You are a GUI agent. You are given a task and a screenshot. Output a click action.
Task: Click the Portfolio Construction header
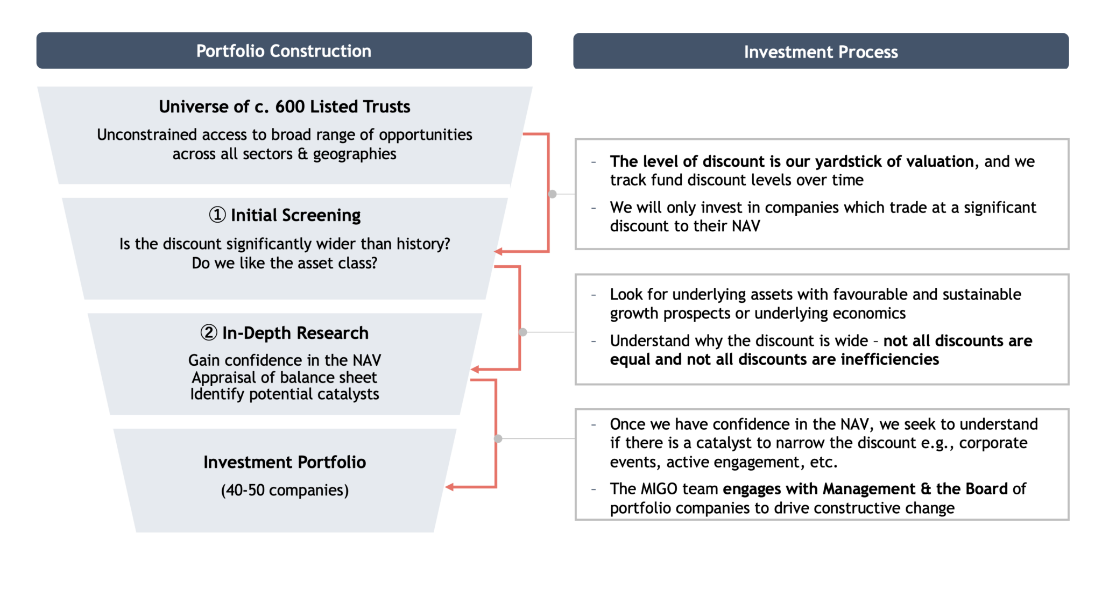[284, 51]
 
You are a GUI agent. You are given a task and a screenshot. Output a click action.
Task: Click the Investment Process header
[821, 52]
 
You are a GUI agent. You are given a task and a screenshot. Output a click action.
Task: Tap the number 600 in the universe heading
[290, 107]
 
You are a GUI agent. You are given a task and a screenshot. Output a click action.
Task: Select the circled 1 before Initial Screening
[217, 215]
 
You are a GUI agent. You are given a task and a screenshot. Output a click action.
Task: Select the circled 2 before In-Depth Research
[209, 333]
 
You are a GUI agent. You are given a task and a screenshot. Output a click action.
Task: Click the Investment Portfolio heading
[285, 462]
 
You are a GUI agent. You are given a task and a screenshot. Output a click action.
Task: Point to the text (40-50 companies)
[285, 490]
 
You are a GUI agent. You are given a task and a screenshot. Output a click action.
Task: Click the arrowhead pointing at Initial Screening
[498, 251]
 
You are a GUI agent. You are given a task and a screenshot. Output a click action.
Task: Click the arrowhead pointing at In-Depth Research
[475, 369]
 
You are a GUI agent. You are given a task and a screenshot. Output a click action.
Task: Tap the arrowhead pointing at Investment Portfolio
[449, 487]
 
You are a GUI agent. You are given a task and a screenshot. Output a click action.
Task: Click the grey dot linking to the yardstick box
[552, 194]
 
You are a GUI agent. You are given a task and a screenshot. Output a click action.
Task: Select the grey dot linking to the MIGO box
[498, 438]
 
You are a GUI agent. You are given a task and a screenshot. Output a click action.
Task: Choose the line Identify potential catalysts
[285, 394]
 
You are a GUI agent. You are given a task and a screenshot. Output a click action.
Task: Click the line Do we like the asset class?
[285, 263]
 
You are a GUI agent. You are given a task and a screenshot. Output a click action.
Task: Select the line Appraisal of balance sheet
[285, 377]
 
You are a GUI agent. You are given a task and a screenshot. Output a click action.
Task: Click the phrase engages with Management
[819, 488]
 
